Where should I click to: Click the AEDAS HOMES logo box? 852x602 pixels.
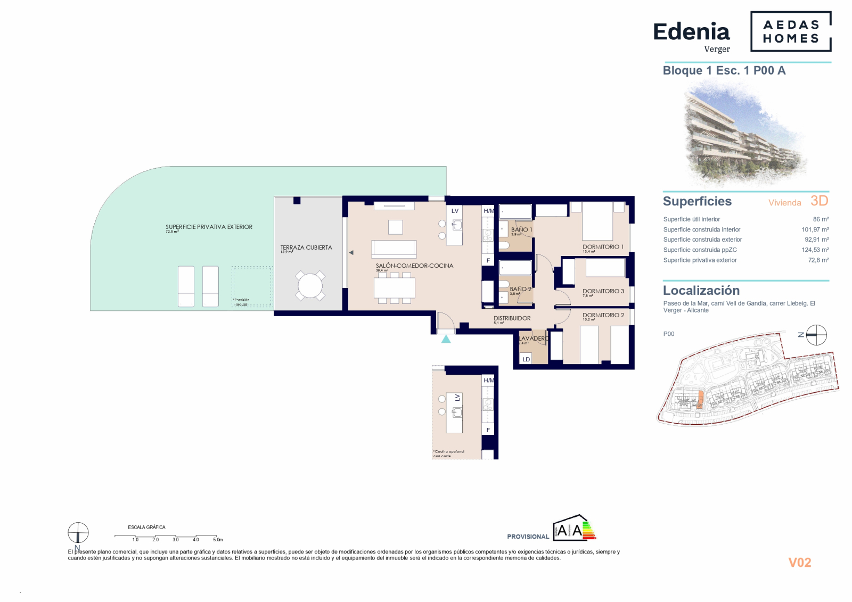pyautogui.click(x=790, y=31)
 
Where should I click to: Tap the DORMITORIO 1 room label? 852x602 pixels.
pyautogui.click(x=603, y=247)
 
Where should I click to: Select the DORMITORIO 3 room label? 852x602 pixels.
pyautogui.click(x=603, y=291)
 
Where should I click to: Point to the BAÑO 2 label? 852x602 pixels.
pyautogui.click(x=520, y=289)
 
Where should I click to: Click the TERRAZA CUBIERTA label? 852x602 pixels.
pyautogui.click(x=306, y=248)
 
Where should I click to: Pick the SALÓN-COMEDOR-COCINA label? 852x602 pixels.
pyautogui.click(x=414, y=266)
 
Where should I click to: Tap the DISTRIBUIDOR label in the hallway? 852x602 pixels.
pyautogui.click(x=512, y=318)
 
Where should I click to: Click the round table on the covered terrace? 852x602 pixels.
pyautogui.click(x=310, y=286)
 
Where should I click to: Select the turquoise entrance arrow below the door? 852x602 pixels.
pyautogui.click(x=446, y=339)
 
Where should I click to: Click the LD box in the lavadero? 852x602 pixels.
pyautogui.click(x=526, y=359)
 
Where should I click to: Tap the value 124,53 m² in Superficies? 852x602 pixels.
pyautogui.click(x=815, y=250)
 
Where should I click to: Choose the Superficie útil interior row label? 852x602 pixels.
pyautogui.click(x=691, y=219)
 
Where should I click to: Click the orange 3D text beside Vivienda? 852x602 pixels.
pyautogui.click(x=819, y=201)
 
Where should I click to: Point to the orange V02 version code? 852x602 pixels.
pyautogui.click(x=799, y=563)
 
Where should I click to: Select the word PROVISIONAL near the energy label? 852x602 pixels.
pyautogui.click(x=528, y=537)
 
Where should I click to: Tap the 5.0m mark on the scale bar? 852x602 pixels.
pyautogui.click(x=217, y=539)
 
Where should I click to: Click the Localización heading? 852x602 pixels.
pyautogui.click(x=701, y=291)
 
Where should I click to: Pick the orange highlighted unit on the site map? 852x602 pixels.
pyautogui.click(x=700, y=399)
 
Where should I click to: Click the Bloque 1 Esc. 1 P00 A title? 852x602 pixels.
pyautogui.click(x=724, y=71)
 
